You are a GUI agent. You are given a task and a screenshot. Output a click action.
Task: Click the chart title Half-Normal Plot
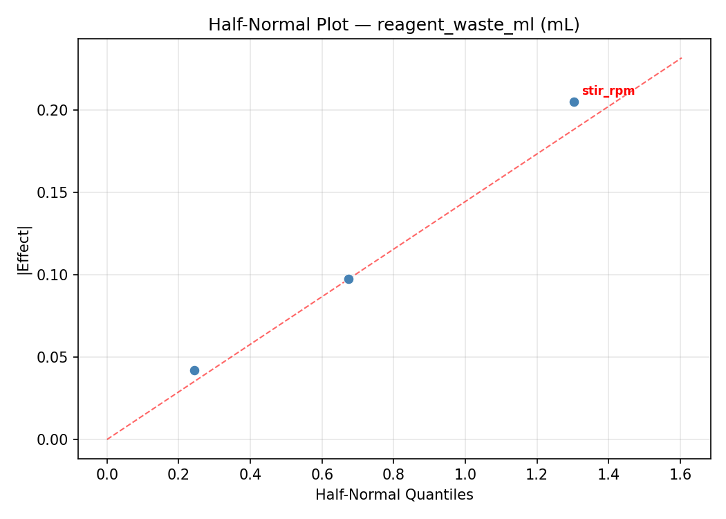pyautogui.click(x=393, y=25)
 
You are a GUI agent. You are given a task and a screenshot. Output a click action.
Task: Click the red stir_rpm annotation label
pyautogui.click(x=608, y=91)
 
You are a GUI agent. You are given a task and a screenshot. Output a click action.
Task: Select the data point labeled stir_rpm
pyautogui.click(x=574, y=102)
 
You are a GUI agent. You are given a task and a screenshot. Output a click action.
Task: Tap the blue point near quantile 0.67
pyautogui.click(x=348, y=279)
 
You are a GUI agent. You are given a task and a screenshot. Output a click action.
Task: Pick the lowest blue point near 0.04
pyautogui.click(x=194, y=370)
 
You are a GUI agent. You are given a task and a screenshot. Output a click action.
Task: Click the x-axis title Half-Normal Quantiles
pyautogui.click(x=394, y=495)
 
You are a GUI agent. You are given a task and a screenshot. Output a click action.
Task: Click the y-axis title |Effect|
pyautogui.click(x=24, y=248)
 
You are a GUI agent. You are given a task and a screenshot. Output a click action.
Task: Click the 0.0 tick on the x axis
pyautogui.click(x=107, y=474)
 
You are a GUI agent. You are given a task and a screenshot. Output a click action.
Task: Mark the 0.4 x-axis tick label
pyautogui.click(x=250, y=474)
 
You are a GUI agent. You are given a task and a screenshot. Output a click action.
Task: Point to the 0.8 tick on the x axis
pyautogui.click(x=393, y=474)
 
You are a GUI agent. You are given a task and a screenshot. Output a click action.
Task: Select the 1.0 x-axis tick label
pyautogui.click(x=465, y=474)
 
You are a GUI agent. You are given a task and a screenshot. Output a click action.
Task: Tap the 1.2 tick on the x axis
pyautogui.click(x=537, y=474)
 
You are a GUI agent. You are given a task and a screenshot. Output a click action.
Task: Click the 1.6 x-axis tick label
pyautogui.click(x=680, y=474)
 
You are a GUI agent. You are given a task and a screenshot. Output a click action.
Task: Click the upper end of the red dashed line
pyautogui.click(x=682, y=58)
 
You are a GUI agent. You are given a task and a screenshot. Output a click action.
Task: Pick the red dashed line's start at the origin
pyautogui.click(x=107, y=439)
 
